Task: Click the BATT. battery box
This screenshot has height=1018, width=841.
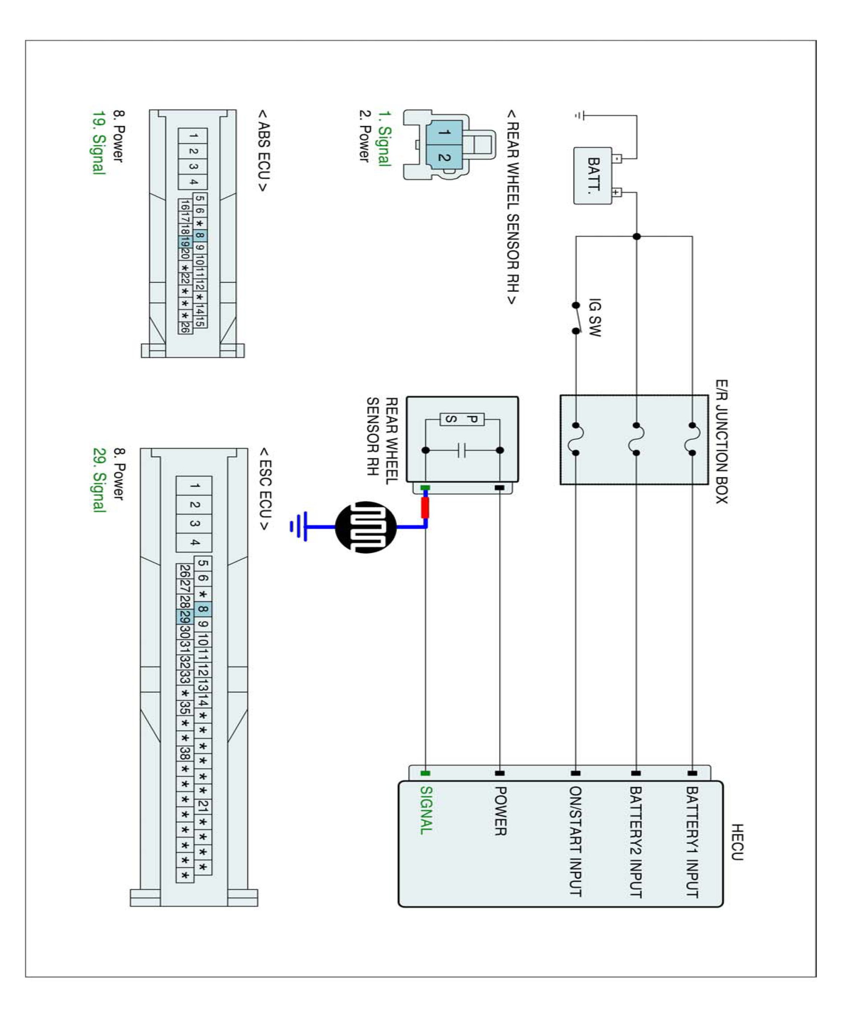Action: [x=592, y=176]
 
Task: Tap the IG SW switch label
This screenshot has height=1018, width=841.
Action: [x=594, y=317]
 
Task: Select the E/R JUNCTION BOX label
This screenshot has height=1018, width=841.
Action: [x=721, y=441]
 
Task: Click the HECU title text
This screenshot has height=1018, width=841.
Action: [x=737, y=842]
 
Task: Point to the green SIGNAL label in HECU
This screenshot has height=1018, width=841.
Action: [x=425, y=810]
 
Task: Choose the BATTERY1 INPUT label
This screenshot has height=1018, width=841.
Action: [x=692, y=842]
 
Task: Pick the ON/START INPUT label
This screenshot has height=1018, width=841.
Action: [x=575, y=841]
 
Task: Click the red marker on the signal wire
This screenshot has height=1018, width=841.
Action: [x=425, y=507]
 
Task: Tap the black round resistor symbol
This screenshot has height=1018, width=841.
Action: [x=366, y=527]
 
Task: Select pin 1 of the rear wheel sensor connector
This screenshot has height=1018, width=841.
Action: [x=444, y=132]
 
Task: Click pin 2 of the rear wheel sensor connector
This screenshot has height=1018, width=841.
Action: [x=444, y=157]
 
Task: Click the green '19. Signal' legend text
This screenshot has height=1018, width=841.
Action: [x=98, y=143]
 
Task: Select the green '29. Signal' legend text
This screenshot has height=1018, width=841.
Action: [x=98, y=480]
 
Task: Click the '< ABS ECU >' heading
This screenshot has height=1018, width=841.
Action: [x=263, y=150]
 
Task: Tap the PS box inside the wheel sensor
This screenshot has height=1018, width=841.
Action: [x=462, y=419]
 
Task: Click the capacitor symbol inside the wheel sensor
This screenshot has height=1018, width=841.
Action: [x=462, y=450]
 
